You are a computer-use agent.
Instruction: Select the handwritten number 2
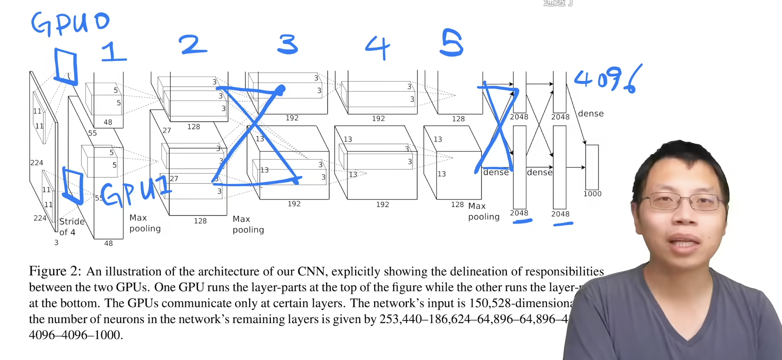[x=193, y=45]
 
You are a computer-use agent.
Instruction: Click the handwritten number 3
[x=288, y=44]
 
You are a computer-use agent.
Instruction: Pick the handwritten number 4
[x=378, y=48]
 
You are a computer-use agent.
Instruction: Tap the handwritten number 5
[x=452, y=43]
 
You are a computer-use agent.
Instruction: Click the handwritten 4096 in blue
[x=608, y=79]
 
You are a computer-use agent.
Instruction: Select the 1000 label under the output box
[x=592, y=194]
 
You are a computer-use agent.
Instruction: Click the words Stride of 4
[x=71, y=227]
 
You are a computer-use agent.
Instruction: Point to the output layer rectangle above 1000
[x=592, y=167]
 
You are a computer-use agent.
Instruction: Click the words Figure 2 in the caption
[x=55, y=271]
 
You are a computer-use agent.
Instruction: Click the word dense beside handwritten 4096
[x=590, y=114]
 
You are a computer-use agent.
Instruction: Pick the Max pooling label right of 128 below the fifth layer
[x=483, y=211]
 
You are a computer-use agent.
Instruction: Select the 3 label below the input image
[x=56, y=242]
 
